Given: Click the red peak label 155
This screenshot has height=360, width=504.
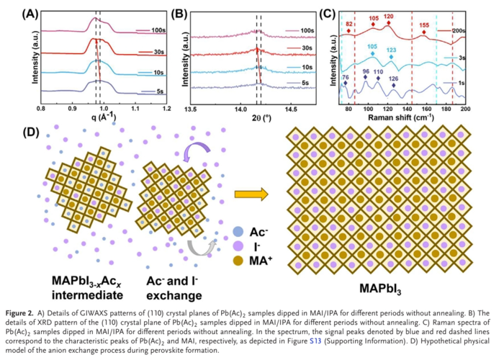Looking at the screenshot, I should [424, 25].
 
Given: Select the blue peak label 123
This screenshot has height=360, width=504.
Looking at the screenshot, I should [391, 50].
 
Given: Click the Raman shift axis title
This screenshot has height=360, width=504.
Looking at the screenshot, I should [404, 117].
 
